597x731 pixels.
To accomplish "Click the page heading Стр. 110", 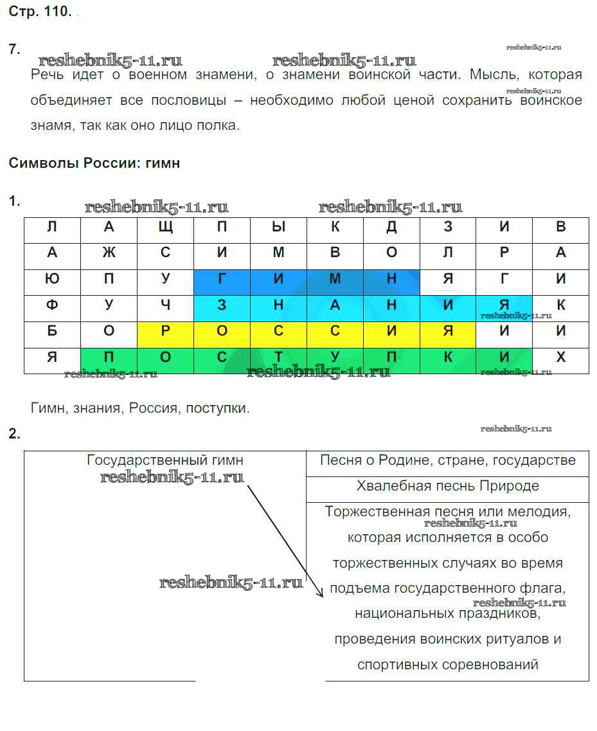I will (x=40, y=12).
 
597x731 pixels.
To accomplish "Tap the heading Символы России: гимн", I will (x=94, y=163).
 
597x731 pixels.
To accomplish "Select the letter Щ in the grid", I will (x=165, y=227).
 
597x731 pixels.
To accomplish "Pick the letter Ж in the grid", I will (x=109, y=253).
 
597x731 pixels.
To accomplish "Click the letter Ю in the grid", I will (x=52, y=279).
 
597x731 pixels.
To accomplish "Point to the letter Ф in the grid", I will (x=52, y=305).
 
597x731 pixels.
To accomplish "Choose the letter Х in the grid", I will (x=561, y=357).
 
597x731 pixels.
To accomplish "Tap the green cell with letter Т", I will (x=278, y=357).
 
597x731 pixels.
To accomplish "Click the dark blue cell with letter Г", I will (x=222, y=279).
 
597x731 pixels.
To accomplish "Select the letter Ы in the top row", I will (x=278, y=227).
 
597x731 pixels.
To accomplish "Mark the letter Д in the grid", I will (x=391, y=227).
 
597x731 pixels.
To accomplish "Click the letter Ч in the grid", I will (x=165, y=305).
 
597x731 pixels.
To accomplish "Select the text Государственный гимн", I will (x=165, y=460).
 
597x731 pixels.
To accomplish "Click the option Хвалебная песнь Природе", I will (x=448, y=486).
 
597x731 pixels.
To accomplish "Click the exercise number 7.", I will (x=15, y=50).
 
